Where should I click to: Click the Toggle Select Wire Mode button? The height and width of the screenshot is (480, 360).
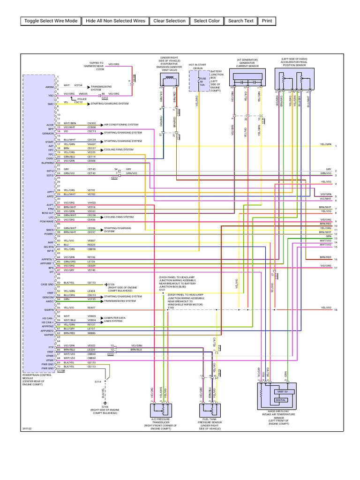pos(51,21)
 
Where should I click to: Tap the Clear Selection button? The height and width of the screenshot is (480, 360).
pos(169,21)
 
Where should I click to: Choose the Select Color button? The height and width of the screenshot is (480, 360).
pos(207,21)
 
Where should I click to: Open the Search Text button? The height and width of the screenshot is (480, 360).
pos(241,21)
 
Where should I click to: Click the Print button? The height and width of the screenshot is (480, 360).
pos(267,21)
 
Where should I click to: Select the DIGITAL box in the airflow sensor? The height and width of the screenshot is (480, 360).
pos(280,400)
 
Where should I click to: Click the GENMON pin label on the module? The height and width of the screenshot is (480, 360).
pos(49,132)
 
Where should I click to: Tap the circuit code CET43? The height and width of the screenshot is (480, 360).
pos(91,169)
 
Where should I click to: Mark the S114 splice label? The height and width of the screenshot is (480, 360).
pos(98,382)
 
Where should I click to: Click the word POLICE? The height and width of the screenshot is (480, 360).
pos(82,99)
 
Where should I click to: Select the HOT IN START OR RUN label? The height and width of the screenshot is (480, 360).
pos(197,67)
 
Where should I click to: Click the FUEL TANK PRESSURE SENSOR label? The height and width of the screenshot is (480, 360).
pos(210,423)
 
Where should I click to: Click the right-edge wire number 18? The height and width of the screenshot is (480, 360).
pos(336,310)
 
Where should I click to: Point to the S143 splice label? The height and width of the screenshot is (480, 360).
pos(164,307)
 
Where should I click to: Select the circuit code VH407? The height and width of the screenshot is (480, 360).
pos(91,144)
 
